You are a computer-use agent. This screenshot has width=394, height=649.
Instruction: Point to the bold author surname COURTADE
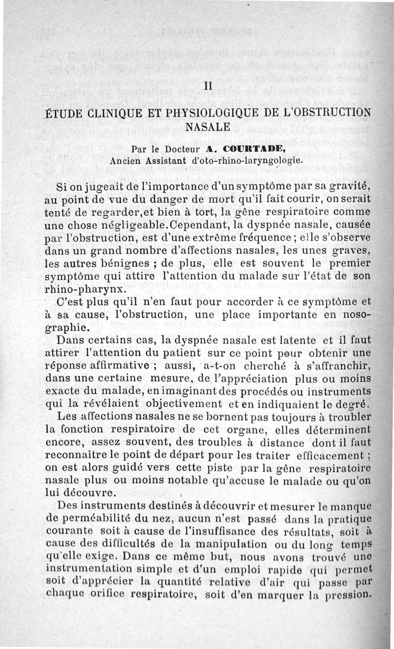[253, 148]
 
